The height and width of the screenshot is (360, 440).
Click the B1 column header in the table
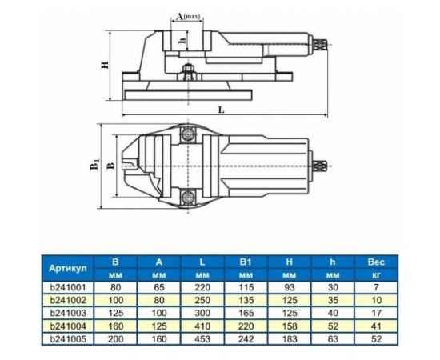point(243,261)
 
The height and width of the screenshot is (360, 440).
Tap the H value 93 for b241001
point(288,286)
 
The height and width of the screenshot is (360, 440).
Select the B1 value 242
point(243,338)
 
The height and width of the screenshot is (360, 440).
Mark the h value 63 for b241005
point(332,338)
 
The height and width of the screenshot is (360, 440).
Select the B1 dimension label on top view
point(94,165)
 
